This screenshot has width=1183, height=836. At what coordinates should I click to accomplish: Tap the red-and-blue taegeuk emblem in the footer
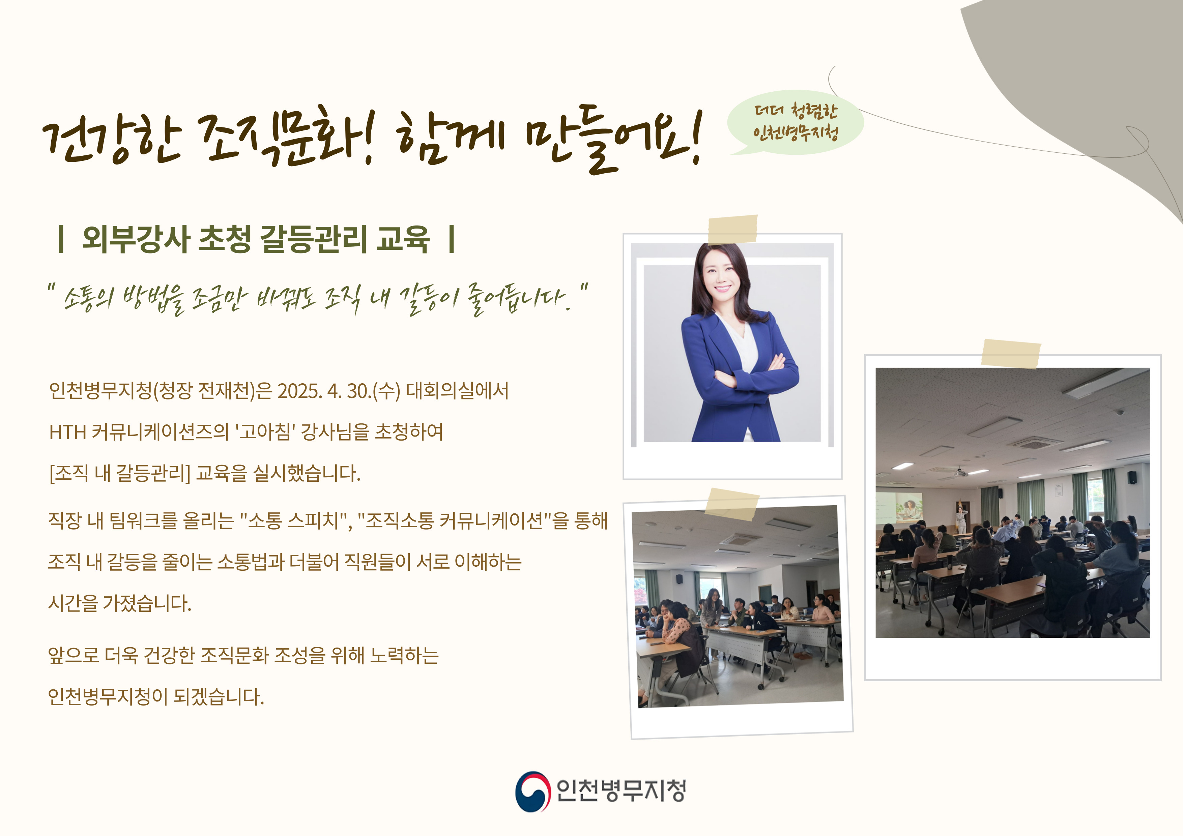click(533, 791)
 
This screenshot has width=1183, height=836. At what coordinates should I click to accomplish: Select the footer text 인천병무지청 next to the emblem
click(621, 791)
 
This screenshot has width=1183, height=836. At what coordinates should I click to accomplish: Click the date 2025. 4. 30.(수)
click(339, 391)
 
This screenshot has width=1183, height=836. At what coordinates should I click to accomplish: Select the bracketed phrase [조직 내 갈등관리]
click(119, 473)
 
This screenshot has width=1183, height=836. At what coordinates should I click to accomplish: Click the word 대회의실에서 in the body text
click(457, 391)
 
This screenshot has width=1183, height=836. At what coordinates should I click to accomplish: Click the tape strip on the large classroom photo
click(1010, 354)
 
